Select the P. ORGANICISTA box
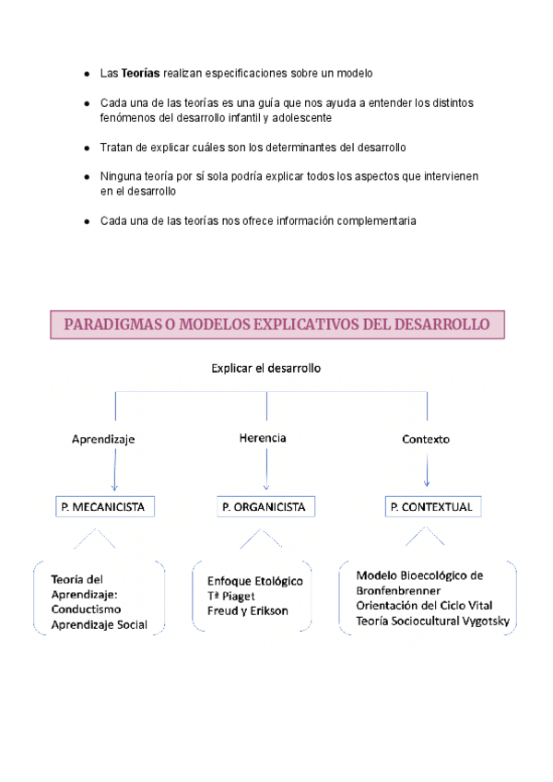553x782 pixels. [265, 507]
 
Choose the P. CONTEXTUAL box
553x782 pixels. [432, 507]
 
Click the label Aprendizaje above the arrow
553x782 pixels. [103, 440]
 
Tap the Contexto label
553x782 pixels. [426, 440]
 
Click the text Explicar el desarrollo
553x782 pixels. [265, 368]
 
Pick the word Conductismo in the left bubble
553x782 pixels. [86, 610]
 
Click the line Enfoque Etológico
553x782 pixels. [254, 581]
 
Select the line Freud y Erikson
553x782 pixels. [248, 610]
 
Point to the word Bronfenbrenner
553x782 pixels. [398, 590]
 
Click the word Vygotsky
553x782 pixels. [485, 621]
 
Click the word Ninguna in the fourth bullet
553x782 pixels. [122, 176]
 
